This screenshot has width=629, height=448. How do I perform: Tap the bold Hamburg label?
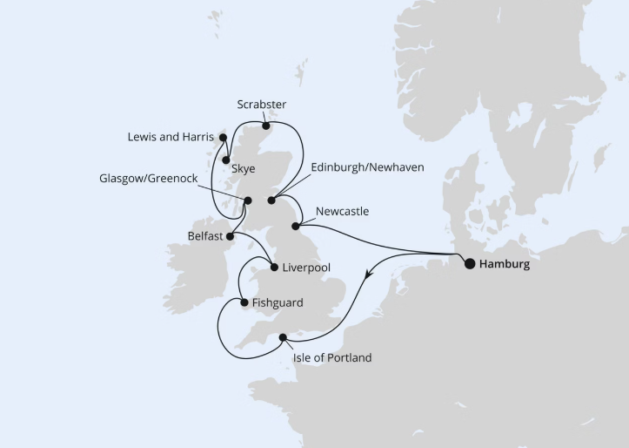click(x=505, y=264)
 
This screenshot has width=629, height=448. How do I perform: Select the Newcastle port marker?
click(x=296, y=226)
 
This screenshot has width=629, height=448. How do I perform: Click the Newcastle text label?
click(x=343, y=212)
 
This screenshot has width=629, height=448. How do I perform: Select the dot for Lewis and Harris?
click(x=223, y=138)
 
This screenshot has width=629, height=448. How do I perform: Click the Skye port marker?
click(x=225, y=160)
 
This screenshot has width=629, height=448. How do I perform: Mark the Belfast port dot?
click(x=230, y=235)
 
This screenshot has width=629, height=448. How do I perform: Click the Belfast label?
click(x=204, y=236)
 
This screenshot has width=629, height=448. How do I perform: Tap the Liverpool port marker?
click(x=274, y=268)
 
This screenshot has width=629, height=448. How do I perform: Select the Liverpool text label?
click(x=307, y=268)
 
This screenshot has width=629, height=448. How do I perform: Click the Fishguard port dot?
click(x=244, y=303)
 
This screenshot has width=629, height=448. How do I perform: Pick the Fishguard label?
click(x=278, y=303)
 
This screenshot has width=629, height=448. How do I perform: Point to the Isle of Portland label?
click(x=331, y=357)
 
